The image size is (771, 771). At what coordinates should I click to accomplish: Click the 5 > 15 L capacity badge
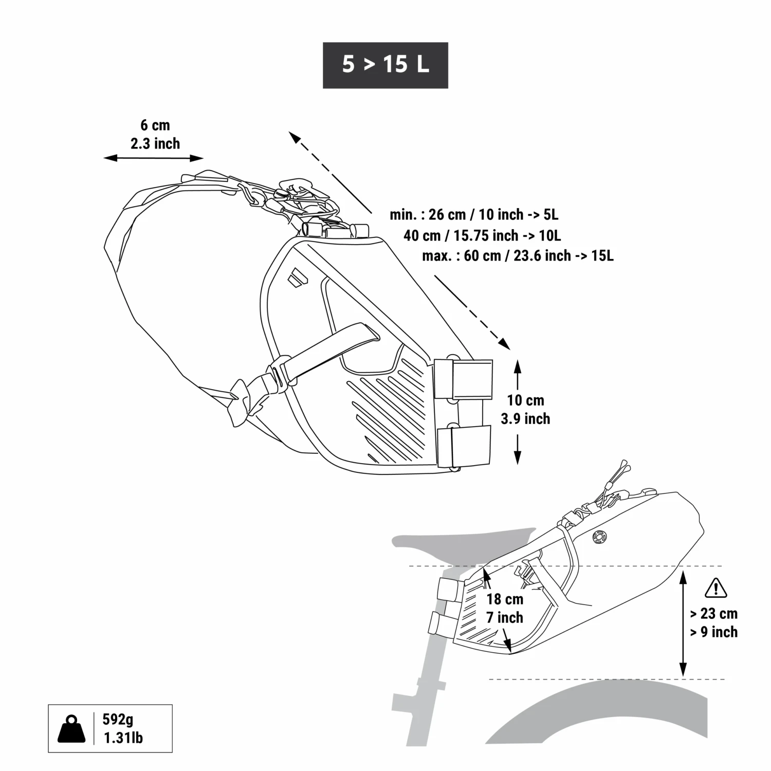[x=385, y=65]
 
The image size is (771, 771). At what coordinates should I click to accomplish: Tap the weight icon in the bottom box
[x=71, y=728]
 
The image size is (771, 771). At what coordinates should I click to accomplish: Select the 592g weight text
[x=118, y=719]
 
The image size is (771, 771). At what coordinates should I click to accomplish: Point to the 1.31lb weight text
[x=123, y=738]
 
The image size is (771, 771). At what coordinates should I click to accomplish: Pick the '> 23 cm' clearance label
[x=713, y=613]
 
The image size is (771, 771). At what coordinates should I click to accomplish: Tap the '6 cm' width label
[x=155, y=125]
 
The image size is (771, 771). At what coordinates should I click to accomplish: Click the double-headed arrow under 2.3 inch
[x=154, y=158]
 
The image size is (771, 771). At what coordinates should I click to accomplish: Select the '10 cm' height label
[x=525, y=400]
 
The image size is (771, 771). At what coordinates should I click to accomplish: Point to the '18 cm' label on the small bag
[x=505, y=599]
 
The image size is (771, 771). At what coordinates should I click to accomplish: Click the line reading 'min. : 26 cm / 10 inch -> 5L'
[x=473, y=214]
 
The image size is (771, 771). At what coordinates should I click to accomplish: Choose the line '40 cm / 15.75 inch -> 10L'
[x=482, y=235]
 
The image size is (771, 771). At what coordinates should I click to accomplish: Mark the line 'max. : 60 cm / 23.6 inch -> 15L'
[x=518, y=255]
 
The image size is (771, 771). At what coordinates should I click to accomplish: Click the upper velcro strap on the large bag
[x=463, y=379]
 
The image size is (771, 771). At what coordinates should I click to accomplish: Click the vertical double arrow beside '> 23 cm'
[x=683, y=622]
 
